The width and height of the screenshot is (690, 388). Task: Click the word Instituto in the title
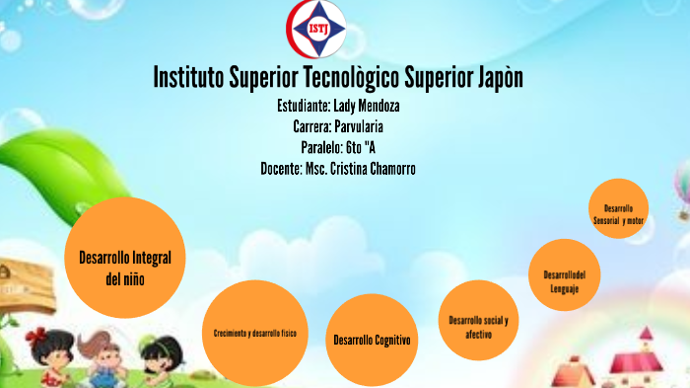pos(188,77)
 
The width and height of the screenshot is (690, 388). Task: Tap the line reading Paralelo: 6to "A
pos(338,147)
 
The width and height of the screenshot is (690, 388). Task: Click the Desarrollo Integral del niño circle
pos(124,259)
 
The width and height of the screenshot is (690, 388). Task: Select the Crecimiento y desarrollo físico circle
pos(255,333)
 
